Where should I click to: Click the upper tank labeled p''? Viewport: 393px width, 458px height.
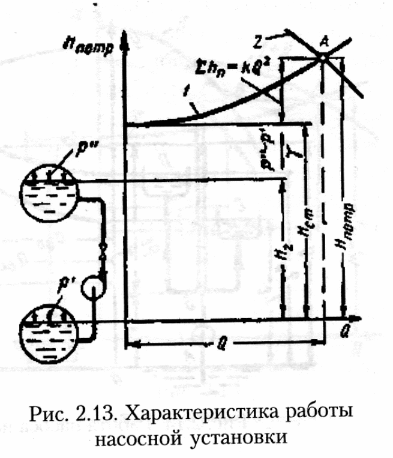click(x=46, y=191)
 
